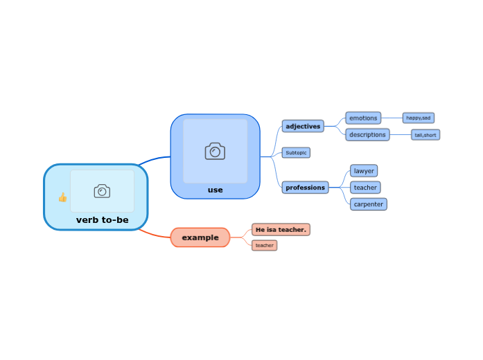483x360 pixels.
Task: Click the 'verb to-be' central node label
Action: (102, 219)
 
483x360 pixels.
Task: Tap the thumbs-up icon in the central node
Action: (62, 197)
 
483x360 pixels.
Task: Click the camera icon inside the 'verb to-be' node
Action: (102, 191)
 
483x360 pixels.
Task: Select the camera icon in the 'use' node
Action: (215, 151)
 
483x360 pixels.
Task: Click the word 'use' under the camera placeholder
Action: (215, 190)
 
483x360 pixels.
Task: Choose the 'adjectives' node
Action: (303, 126)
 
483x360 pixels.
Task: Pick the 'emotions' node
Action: (363, 118)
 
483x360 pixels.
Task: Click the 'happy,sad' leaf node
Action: (418, 118)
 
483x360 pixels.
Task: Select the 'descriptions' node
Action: (367, 134)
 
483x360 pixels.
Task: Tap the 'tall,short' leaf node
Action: (425, 135)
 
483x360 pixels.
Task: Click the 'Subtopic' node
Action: (296, 152)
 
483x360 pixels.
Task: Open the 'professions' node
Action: (305, 187)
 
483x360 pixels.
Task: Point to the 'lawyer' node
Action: (364, 170)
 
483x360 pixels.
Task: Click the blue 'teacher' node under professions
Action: (365, 187)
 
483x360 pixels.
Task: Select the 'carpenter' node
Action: (368, 204)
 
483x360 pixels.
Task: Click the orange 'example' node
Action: (200, 237)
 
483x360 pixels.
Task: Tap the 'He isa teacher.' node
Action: (281, 229)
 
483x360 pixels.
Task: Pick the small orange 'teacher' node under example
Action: (264, 245)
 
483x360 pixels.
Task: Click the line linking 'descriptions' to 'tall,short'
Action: (401, 134)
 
